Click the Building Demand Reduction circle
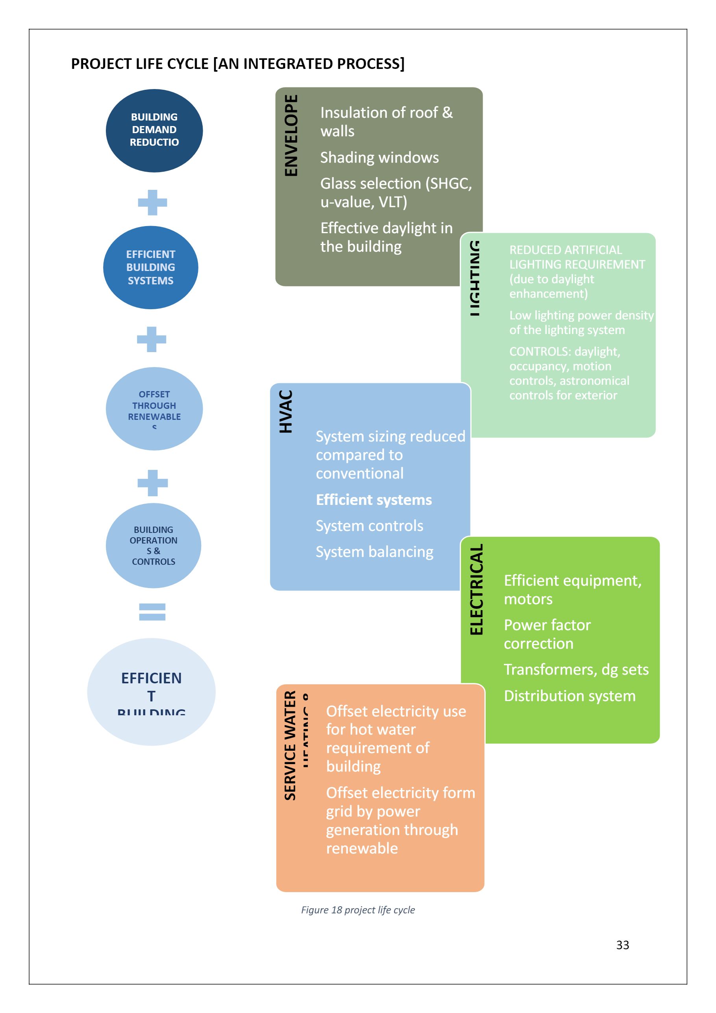(x=154, y=131)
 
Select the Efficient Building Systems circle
(x=151, y=267)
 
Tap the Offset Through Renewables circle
(x=154, y=408)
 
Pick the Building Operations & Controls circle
(x=154, y=545)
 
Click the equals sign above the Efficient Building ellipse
(x=152, y=612)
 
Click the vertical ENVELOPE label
(x=291, y=135)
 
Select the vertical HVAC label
(x=286, y=411)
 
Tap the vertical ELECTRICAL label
(x=476, y=590)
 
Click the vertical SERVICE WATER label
(x=290, y=746)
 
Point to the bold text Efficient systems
(x=374, y=500)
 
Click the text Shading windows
(x=379, y=158)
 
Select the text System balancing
(x=374, y=552)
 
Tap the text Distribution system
(x=569, y=696)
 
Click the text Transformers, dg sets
(x=576, y=669)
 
